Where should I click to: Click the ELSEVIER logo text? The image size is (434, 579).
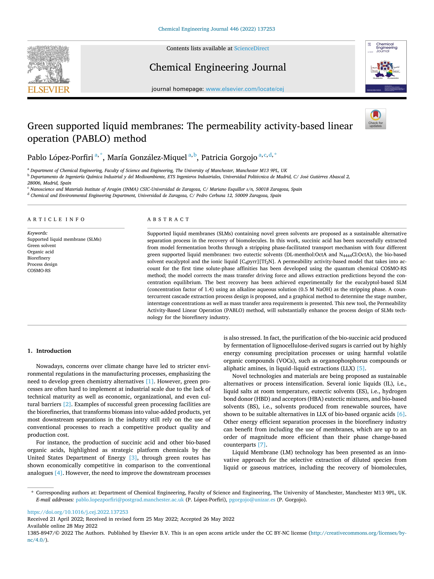tap(49, 90)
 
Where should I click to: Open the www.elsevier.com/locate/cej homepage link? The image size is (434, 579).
tap(245, 89)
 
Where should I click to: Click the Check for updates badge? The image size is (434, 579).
tap(375, 119)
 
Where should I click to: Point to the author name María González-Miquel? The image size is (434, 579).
tap(147, 158)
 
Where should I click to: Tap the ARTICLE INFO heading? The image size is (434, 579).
tap(56, 219)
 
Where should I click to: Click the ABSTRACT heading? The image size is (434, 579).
tap(168, 219)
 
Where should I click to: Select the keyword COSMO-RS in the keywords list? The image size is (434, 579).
tap(39, 271)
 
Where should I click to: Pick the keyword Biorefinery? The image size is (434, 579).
tap(39, 258)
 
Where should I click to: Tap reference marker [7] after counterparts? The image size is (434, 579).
tap(262, 445)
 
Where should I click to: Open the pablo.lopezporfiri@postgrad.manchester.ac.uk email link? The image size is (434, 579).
tap(130, 500)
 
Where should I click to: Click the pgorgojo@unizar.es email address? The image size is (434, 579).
tap(252, 500)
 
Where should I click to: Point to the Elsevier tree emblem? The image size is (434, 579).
tap(49, 64)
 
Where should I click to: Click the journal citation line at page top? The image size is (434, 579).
tap(217, 29)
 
